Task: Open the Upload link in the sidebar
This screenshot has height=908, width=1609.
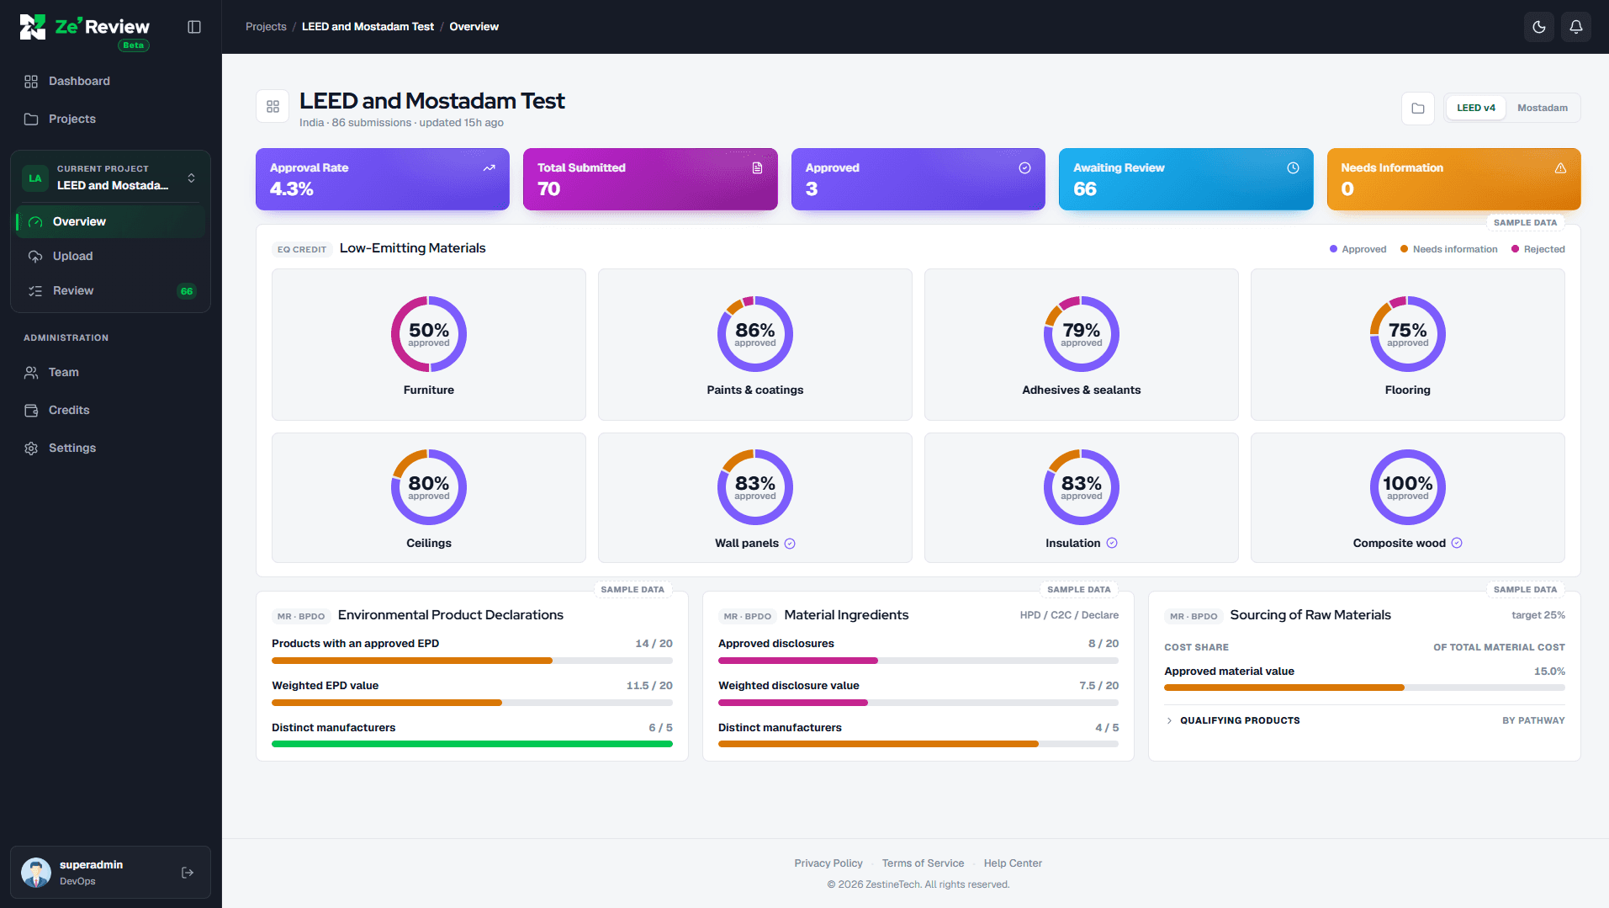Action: pos(72,256)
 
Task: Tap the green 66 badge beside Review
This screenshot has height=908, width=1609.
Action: pos(187,291)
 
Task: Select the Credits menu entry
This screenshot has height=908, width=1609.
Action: pos(69,410)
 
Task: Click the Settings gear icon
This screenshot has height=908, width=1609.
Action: pos(31,449)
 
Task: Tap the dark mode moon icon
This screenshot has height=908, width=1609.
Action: pos(1539,27)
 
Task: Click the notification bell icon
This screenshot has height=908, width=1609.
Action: pos(1576,27)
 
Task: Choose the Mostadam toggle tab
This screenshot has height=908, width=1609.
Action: pos(1543,108)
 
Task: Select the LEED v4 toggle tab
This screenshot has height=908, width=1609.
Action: pos(1476,108)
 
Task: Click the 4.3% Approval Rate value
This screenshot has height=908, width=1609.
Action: pos(292,189)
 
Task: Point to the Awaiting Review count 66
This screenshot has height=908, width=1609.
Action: pos(1085,189)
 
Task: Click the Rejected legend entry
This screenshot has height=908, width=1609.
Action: pos(1538,249)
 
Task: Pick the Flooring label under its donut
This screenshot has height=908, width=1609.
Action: pos(1408,390)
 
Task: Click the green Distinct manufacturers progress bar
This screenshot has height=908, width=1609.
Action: pos(472,744)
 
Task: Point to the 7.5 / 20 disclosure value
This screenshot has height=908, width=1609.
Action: pos(1098,686)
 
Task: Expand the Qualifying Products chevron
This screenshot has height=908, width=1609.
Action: pos(1169,720)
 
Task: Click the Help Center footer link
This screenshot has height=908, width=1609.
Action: pos(1013,863)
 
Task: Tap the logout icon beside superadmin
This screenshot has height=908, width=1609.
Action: pos(188,873)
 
